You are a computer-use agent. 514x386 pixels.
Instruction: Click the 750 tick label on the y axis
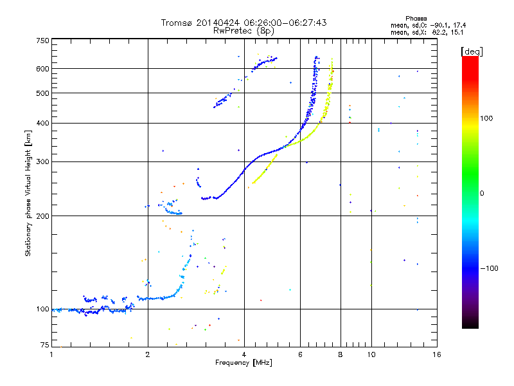pos(42,41)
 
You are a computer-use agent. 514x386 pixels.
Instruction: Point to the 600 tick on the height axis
pos(42,68)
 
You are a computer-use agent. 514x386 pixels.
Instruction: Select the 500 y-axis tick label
pos(42,93)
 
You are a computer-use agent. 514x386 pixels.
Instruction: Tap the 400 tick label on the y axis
pos(42,123)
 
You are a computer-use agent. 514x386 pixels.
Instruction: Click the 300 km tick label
pos(42,161)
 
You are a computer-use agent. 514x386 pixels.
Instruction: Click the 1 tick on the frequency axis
pos(51,354)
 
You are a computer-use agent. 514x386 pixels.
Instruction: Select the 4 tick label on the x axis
pos(244,354)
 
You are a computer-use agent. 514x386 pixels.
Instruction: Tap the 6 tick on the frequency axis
pos(301,354)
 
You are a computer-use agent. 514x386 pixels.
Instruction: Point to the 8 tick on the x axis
pos(341,354)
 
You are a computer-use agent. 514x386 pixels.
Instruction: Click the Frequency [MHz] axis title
pos(244,363)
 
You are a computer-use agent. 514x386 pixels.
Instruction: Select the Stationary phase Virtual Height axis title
pos(28,194)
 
